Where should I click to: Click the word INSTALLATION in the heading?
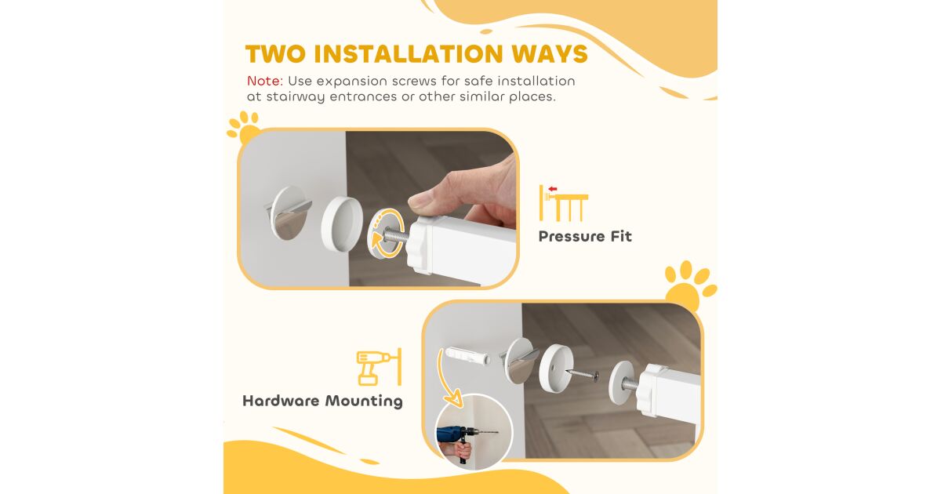tap(409, 54)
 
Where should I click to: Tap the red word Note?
tap(265, 81)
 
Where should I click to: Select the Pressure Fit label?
tap(585, 236)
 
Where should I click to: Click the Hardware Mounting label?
tap(322, 401)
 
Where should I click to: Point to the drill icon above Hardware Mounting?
tap(379, 367)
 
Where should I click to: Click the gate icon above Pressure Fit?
tap(564, 203)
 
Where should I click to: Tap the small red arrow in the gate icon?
tap(552, 189)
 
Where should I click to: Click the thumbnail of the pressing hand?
tap(378, 209)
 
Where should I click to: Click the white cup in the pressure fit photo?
tap(343, 224)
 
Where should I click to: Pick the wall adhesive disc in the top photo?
tap(289, 212)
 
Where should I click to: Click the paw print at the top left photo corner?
tap(244, 127)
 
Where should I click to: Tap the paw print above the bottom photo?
tap(690, 285)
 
